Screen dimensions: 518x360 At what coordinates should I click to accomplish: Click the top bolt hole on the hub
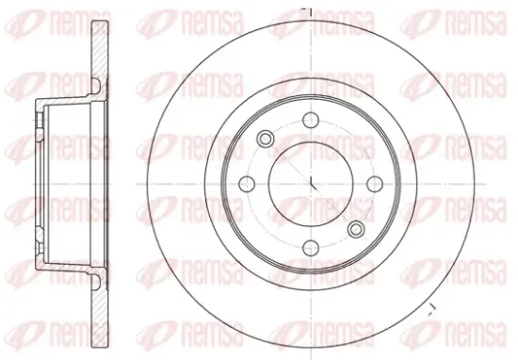311,120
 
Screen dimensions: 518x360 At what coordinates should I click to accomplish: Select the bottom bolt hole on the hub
311,248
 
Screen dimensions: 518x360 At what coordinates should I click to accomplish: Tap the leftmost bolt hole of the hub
247,184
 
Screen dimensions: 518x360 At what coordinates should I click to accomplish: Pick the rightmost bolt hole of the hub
375,184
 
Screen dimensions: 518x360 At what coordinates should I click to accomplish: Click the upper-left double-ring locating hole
266,139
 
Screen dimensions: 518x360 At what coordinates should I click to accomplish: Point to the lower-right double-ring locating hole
356,229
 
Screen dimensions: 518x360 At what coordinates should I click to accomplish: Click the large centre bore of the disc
311,184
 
